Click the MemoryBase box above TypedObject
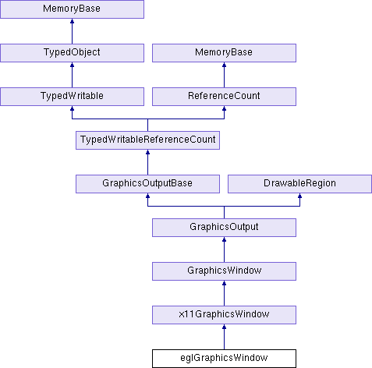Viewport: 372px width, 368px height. pos(72,9)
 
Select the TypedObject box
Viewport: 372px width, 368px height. pos(72,53)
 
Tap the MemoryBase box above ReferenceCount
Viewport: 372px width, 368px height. pos(224,53)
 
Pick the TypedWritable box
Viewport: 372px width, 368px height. pos(72,97)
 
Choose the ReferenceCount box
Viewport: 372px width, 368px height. pos(224,97)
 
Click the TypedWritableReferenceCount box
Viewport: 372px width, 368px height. pos(147,140)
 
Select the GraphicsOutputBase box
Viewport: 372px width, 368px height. pos(147,184)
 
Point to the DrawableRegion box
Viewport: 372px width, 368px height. pos(299,184)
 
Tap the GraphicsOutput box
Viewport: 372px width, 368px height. pos(224,228)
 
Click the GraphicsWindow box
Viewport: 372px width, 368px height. pos(224,271)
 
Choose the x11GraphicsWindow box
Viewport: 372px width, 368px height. pos(224,315)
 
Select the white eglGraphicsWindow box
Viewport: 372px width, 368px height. pos(224,359)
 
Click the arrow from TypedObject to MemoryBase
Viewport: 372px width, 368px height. pos(72,31)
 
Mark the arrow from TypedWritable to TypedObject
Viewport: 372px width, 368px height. pos(72,75)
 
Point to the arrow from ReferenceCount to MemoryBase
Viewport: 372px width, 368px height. pos(224,75)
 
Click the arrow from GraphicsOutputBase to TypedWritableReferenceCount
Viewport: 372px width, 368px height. pos(147,162)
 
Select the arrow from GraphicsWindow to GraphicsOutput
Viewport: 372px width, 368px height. pos(224,249)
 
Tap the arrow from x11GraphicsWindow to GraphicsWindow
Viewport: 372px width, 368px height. pos(224,293)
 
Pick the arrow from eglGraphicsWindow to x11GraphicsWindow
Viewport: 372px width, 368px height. pos(224,337)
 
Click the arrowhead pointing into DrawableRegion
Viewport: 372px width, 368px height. pos(299,196)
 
